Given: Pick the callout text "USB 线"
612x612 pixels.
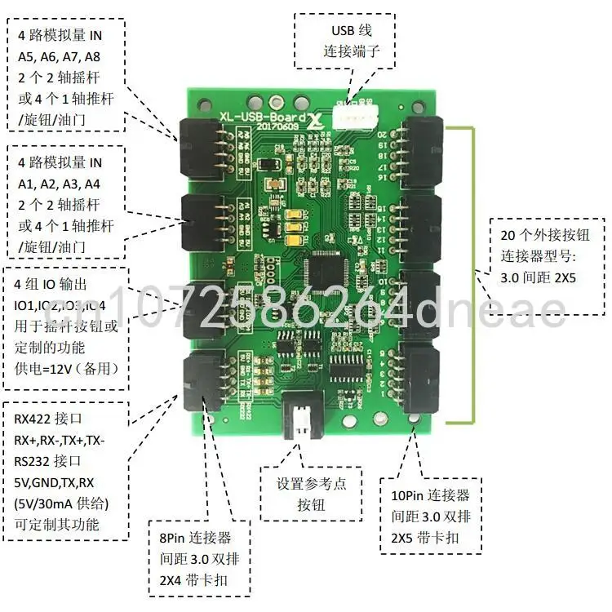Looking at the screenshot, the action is point(351,31).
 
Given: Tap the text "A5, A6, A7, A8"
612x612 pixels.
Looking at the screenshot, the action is point(60,57).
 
